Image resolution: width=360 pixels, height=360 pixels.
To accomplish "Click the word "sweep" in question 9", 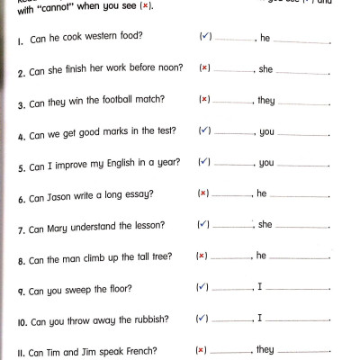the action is point(90,290).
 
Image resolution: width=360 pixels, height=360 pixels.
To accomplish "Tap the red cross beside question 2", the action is point(204,68).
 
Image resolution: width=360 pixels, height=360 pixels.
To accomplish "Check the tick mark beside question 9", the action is point(202,288).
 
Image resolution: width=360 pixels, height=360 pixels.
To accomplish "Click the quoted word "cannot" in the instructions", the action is point(48,6).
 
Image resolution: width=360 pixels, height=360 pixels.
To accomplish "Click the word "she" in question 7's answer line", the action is point(265,225).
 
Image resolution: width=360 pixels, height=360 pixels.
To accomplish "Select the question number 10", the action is point(23,321).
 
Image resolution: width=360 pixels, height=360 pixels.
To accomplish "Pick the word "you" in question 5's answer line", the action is point(266,163).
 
